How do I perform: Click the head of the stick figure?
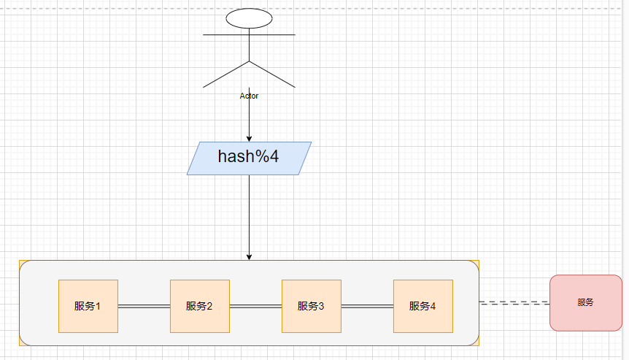coord(249,18)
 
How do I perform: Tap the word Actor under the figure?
coord(249,96)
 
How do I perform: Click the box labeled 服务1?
coord(88,306)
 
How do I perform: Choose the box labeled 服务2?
coord(199,306)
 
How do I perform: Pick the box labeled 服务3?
coord(311,306)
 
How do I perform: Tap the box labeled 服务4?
coord(422,306)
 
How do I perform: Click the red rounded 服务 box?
coord(585,302)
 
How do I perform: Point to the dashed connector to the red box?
coord(514,302)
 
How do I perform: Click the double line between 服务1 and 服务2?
coord(144,307)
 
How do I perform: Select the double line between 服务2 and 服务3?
coord(255,307)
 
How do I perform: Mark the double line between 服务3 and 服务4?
coord(367,307)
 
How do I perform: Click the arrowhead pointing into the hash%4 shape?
coord(249,138)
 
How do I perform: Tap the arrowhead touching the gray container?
coord(249,256)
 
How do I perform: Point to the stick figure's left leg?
coord(226,73)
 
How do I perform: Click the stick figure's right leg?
coord(272,73)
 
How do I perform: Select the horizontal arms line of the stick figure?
coord(219,34)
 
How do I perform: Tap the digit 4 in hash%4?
coord(274,156)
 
